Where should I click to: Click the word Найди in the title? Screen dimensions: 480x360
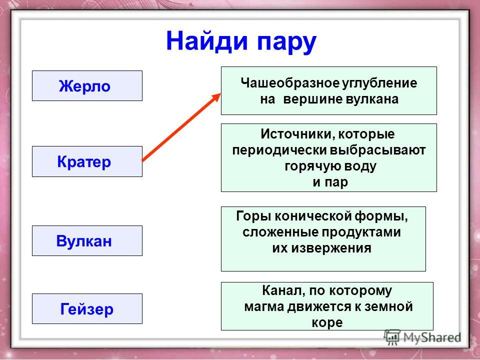[206, 41]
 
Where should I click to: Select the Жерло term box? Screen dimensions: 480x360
[87, 85]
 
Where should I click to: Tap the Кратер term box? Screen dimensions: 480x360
[87, 161]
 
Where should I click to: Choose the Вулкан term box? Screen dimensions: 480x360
[87, 240]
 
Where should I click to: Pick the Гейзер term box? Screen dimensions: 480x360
[87, 308]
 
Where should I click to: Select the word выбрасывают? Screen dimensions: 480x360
[378, 150]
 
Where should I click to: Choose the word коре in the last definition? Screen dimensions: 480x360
[327, 323]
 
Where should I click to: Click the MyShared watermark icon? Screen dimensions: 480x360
[392, 337]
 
